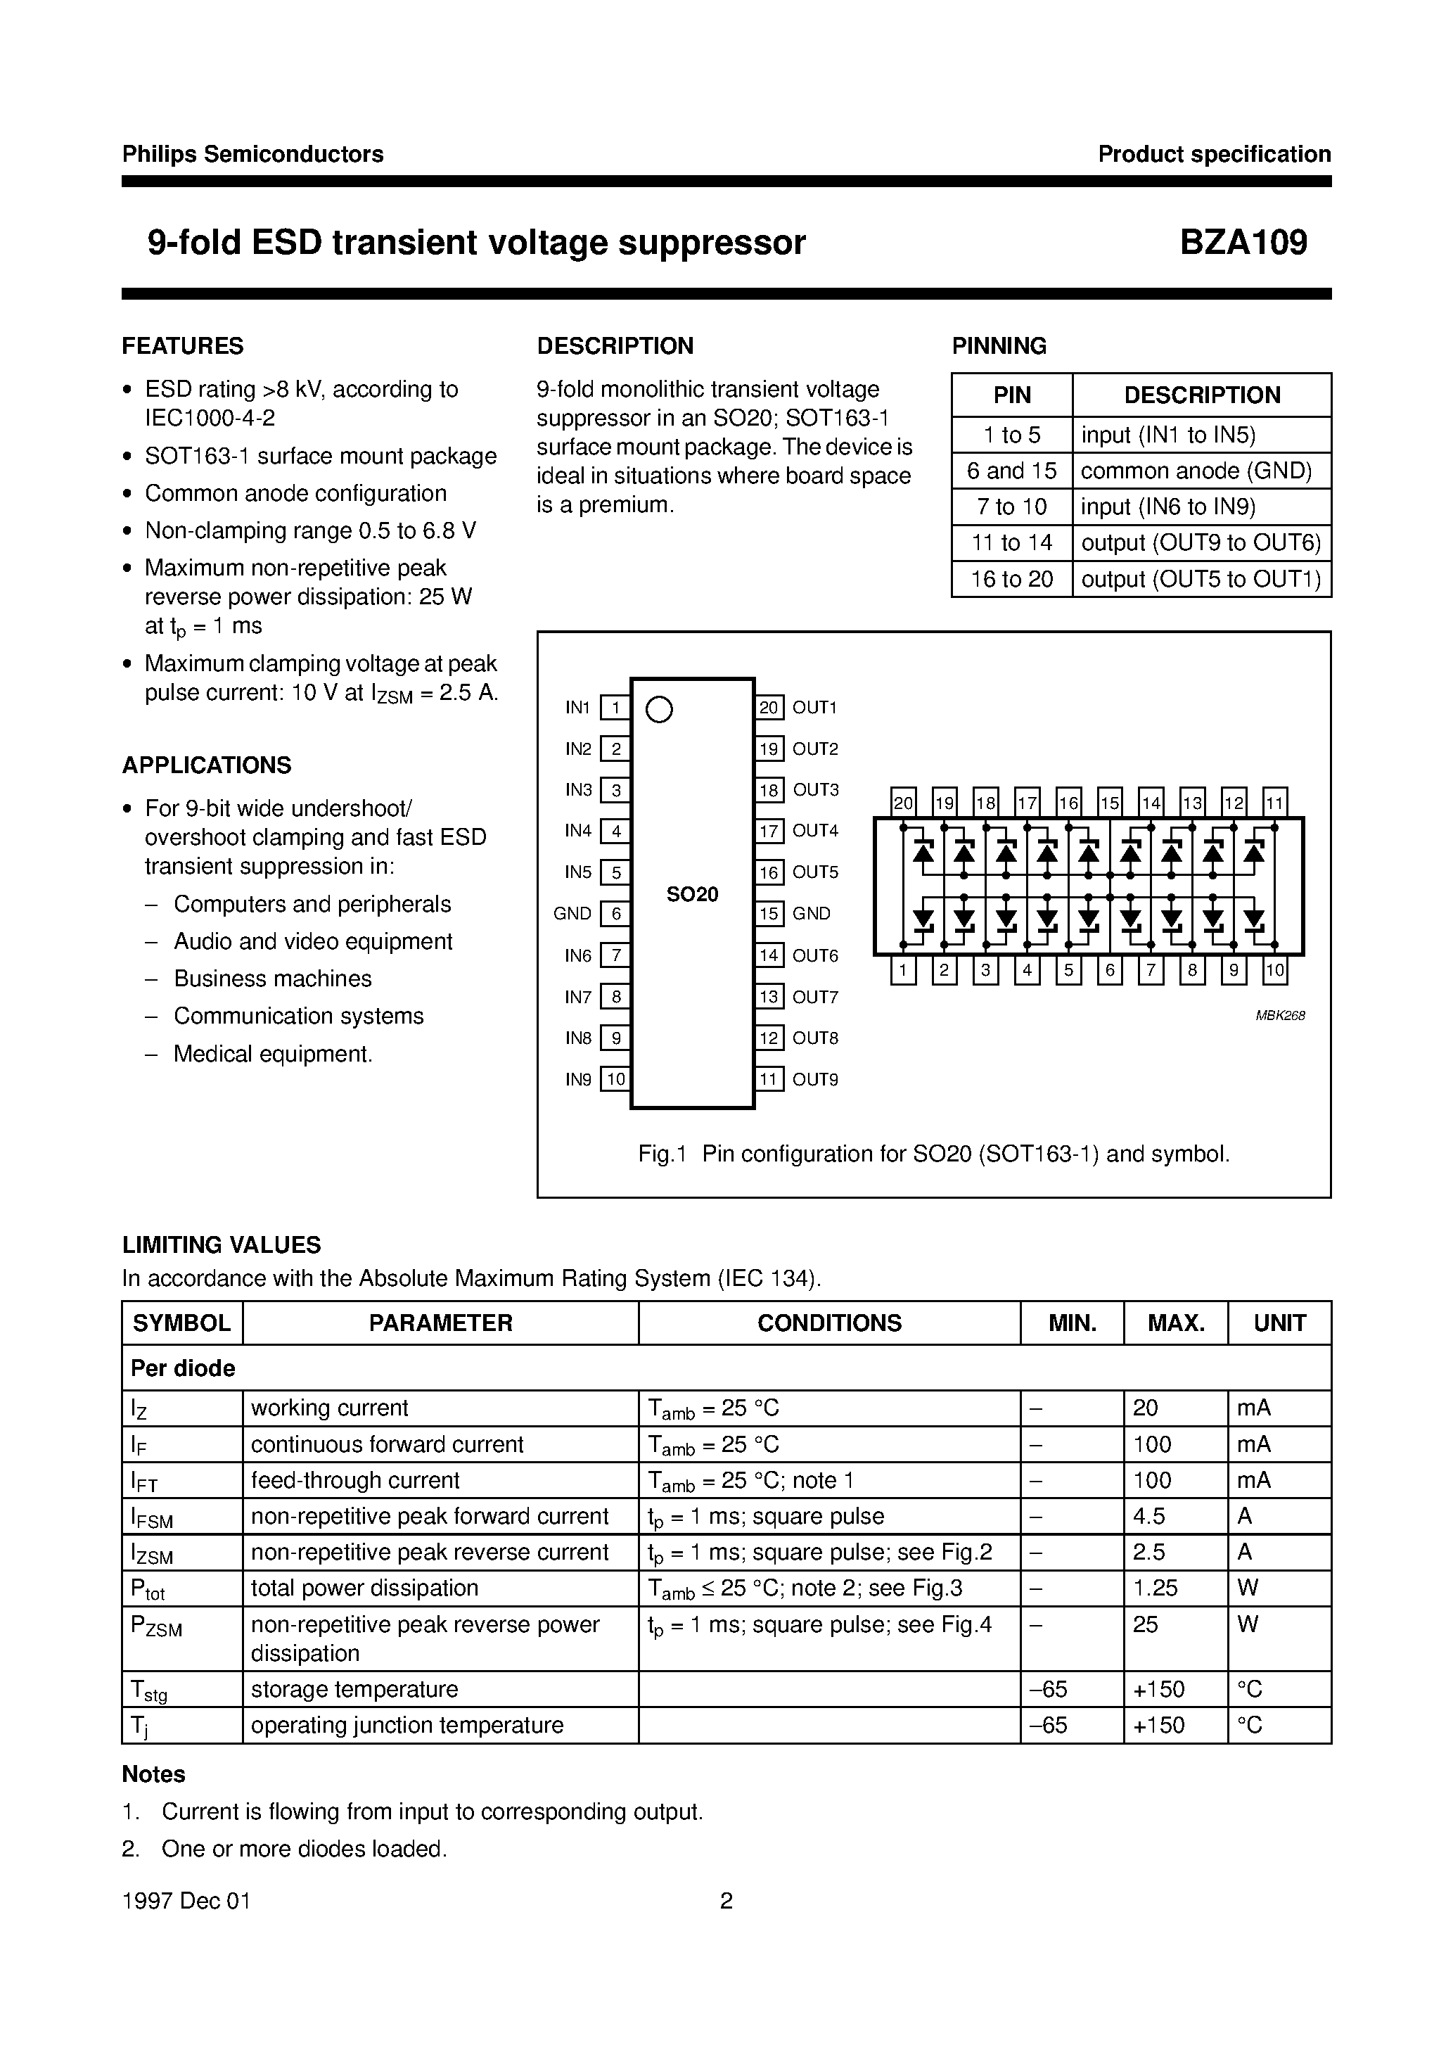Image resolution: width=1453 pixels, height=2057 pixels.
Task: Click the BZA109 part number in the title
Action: pos(1243,243)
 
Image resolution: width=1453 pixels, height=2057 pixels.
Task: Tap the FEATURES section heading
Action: pos(183,346)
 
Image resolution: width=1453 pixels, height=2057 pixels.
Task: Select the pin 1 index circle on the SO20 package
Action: pos(658,710)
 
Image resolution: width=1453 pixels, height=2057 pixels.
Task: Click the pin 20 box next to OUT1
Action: pos(769,708)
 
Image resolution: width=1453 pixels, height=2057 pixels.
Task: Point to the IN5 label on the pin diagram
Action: pos(578,872)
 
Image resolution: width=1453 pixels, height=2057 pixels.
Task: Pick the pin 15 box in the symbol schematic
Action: pos(1109,803)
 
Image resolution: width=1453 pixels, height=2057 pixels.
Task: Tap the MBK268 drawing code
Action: pos(1279,1016)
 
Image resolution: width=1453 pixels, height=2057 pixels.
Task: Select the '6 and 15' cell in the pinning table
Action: pos(1011,471)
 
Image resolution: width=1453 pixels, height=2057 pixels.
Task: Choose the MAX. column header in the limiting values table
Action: pos(1175,1323)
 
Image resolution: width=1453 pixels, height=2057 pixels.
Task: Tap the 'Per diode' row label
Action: pos(183,1368)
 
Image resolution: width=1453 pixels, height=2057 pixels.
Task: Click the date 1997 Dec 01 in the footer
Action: pos(186,1901)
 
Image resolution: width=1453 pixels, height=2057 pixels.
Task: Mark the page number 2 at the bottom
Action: pos(726,1901)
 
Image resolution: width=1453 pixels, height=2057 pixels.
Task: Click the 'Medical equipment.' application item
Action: pos(272,1055)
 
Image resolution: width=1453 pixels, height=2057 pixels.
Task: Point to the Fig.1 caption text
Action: pos(933,1154)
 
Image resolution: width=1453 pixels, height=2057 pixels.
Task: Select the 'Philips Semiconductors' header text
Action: pos(252,154)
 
